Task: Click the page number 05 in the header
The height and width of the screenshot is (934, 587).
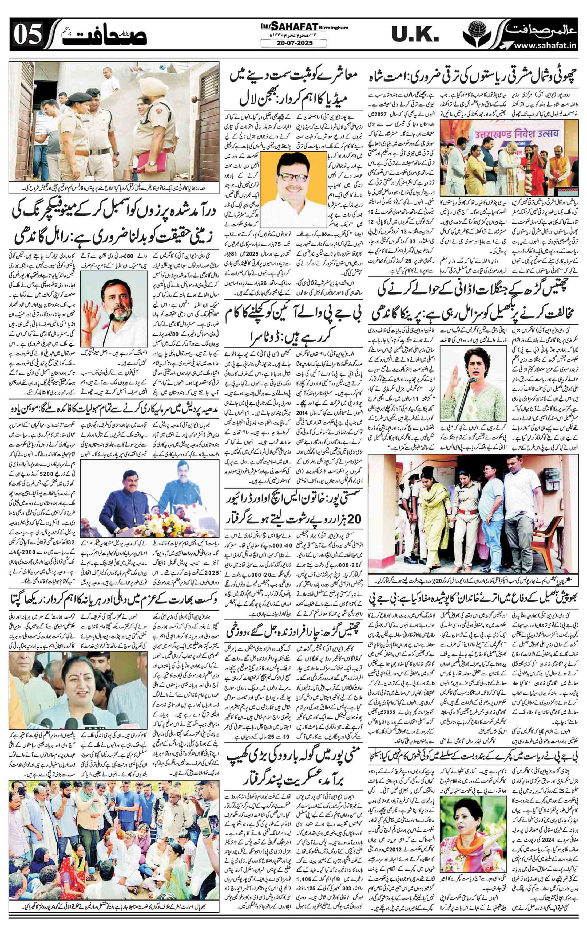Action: tap(27, 37)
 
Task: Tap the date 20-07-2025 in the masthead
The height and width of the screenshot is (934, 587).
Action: tap(294, 44)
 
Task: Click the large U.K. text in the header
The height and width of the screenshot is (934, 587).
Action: tap(415, 35)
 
